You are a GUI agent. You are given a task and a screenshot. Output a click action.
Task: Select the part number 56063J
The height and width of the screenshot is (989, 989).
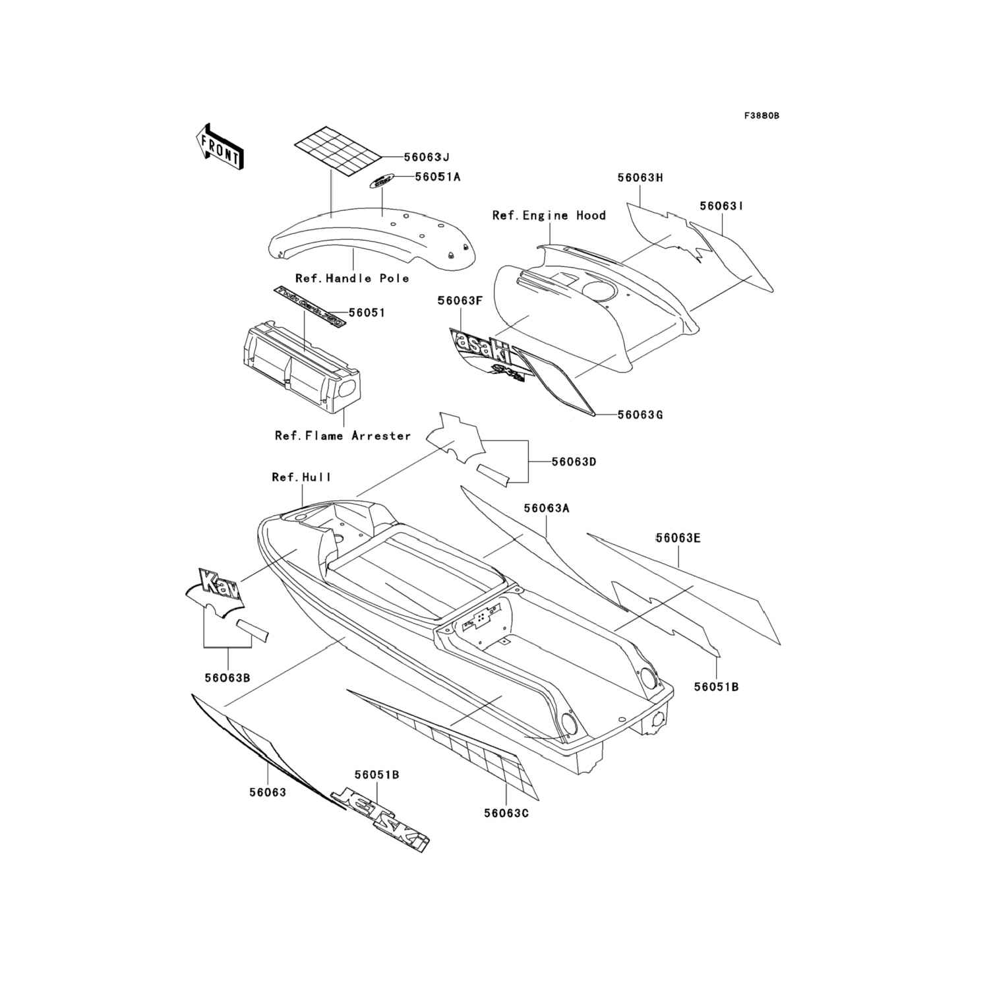[x=427, y=157]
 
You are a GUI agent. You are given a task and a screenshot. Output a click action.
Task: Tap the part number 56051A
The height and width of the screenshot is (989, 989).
[x=438, y=177]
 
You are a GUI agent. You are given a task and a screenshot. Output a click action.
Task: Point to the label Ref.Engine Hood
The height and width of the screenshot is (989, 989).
[x=549, y=216]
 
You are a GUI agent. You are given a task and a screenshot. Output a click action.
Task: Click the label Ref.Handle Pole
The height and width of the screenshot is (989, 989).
[x=352, y=278]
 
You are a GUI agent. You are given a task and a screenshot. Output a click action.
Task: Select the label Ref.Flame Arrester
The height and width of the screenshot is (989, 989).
[x=343, y=436]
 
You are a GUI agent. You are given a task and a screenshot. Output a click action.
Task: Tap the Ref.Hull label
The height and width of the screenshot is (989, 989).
[x=302, y=477]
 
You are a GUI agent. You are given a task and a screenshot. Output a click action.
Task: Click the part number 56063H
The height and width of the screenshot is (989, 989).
[x=640, y=177]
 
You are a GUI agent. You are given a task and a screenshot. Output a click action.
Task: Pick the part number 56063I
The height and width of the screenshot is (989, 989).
[x=722, y=206]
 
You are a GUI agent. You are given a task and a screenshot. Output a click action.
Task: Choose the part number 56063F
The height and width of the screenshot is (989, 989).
[x=460, y=301]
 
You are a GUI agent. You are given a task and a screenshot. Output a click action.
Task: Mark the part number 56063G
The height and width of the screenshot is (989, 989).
[x=640, y=415]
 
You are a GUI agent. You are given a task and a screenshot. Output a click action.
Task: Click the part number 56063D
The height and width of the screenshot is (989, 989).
[x=574, y=462]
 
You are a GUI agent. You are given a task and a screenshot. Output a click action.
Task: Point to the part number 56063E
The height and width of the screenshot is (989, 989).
[x=678, y=538]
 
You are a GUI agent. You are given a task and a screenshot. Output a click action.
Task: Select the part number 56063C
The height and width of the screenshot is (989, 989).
[x=506, y=813]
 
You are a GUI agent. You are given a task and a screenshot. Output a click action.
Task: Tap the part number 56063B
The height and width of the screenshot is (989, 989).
[x=227, y=677]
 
